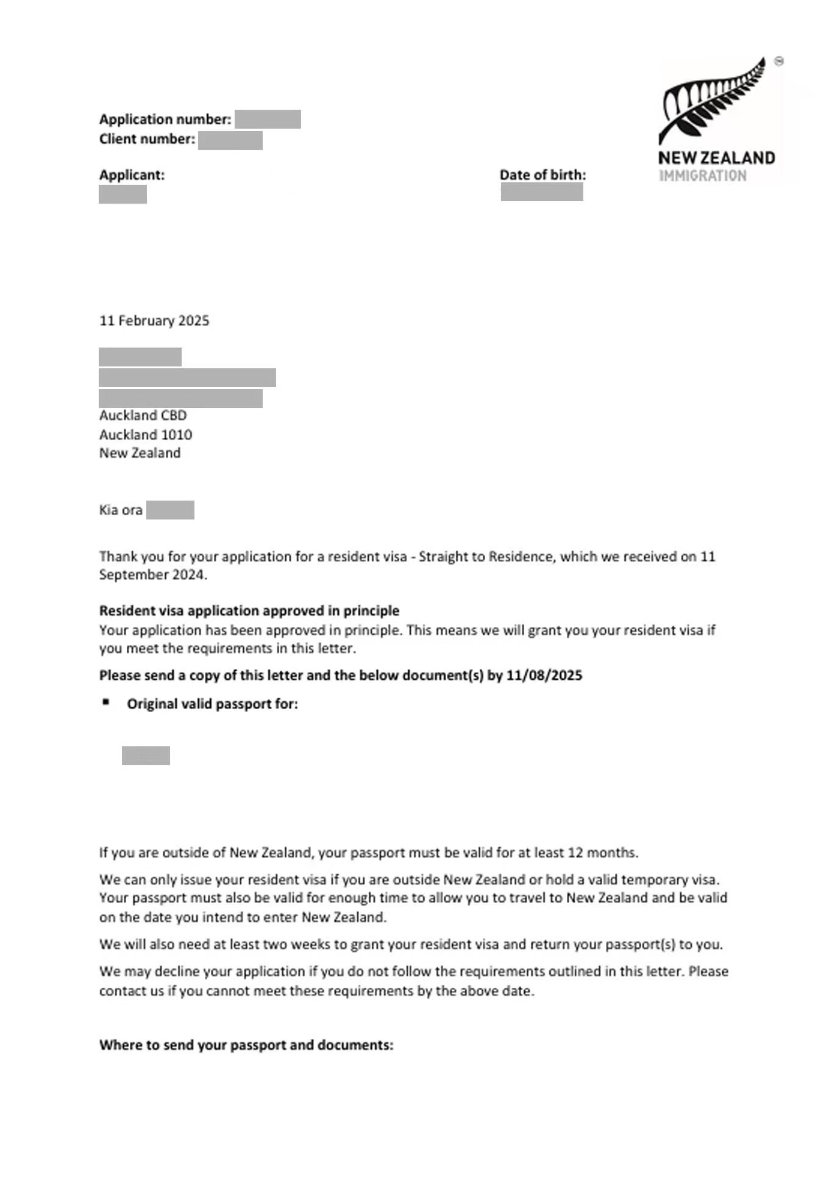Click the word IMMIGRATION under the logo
(702, 176)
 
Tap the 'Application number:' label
(165, 119)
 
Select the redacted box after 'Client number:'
(230, 140)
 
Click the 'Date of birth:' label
(542, 175)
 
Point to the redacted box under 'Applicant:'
(123, 195)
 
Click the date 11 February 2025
(154, 321)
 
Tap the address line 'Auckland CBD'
(143, 415)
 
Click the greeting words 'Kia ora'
(121, 510)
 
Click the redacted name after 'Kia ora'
(170, 510)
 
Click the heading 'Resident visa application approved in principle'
(249, 611)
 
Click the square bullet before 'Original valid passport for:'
(107, 702)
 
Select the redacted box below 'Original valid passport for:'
(146, 755)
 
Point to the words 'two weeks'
(297, 944)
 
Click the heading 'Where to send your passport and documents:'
(246, 1045)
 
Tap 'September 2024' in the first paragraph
(152, 575)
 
